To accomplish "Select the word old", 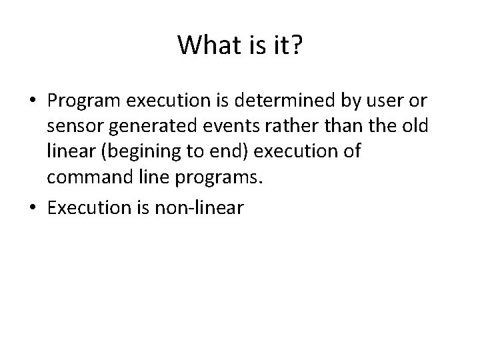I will tap(413, 126).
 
